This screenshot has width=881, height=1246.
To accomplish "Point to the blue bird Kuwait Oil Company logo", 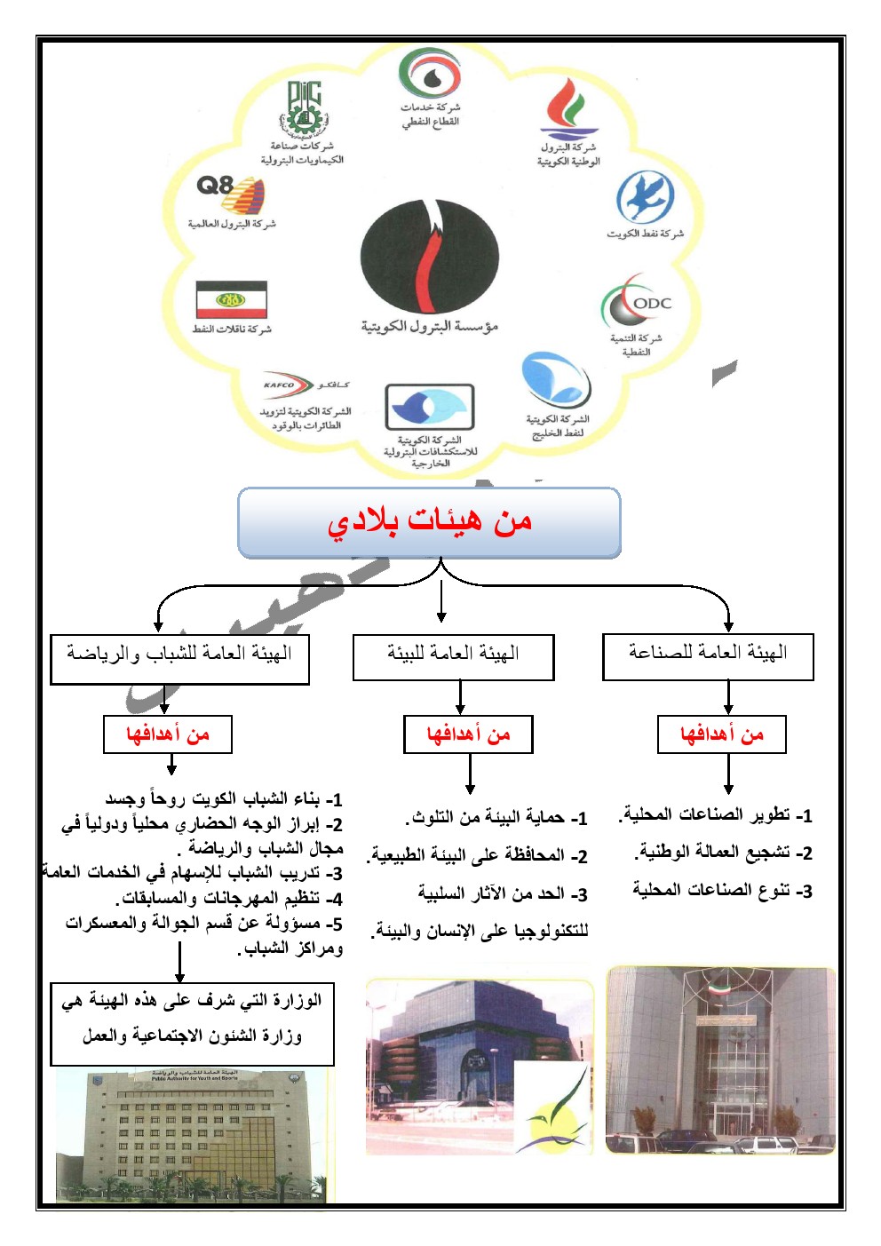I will [646, 197].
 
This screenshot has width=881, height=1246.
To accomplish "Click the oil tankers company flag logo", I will [231, 300].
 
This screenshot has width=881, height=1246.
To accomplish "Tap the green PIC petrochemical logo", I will [303, 107].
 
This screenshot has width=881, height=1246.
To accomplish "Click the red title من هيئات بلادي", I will [429, 522].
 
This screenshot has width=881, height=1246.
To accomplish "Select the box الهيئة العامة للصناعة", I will [708, 655].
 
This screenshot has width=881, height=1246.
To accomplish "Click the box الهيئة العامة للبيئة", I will [453, 656].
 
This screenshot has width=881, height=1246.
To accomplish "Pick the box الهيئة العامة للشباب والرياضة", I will [179, 658].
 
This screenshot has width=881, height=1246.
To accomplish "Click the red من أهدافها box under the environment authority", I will [468, 734].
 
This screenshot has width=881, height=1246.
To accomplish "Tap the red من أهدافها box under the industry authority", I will [721, 734].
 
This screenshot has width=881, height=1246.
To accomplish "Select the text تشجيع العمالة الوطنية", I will [724, 853].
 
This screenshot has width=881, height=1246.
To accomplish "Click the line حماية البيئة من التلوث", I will [497, 817].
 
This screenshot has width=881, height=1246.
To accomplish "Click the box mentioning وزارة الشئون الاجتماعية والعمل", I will [192, 1023].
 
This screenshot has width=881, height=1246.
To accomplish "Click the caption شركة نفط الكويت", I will [646, 234].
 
